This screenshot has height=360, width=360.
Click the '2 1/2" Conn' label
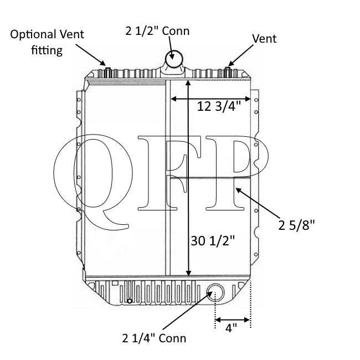click(x=157, y=30)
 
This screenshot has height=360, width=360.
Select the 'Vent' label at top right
click(x=264, y=39)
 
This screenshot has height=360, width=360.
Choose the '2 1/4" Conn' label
click(x=154, y=338)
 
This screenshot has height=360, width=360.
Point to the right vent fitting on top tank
click(x=228, y=72)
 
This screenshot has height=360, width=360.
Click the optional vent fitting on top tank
click(x=109, y=72)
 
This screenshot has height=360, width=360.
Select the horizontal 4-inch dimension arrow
click(x=233, y=320)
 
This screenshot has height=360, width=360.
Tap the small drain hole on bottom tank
click(x=129, y=301)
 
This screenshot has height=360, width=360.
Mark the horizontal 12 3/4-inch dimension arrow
click(x=210, y=99)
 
